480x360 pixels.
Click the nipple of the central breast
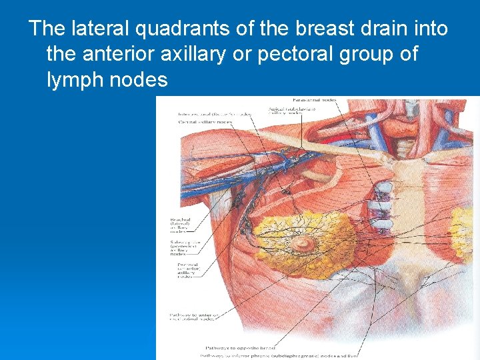[x=304, y=244]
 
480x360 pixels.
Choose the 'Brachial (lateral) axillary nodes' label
[x=180, y=226]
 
